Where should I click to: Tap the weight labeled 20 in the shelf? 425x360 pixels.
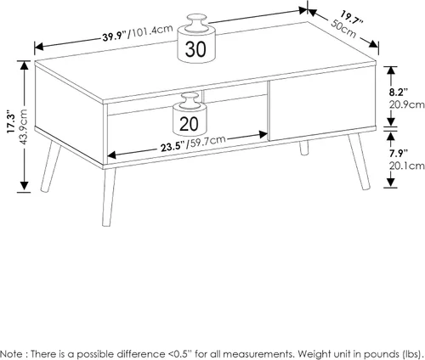pos(190,115)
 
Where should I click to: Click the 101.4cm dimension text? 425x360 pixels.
pos(151,31)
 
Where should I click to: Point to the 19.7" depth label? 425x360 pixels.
pos(352,18)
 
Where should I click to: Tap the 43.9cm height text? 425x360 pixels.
pos(23,127)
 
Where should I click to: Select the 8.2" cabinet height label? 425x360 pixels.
pos(398,93)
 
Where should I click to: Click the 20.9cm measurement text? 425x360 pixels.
pos(406,104)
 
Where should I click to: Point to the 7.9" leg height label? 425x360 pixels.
pos(398,153)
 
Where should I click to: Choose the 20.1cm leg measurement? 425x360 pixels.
pos(406,166)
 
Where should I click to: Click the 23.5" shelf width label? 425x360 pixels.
pos(173,147)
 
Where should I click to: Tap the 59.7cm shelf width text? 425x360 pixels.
pos(207,141)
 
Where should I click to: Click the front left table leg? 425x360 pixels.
pos(109,197)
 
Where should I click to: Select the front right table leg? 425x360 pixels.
pos(359,161)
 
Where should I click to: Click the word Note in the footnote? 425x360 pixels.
pos(12,354)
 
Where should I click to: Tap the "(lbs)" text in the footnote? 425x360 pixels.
pos(412,354)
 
